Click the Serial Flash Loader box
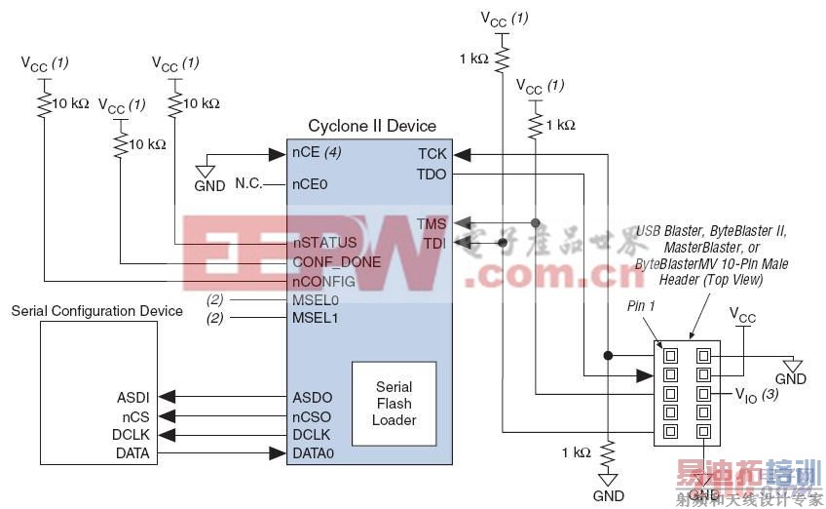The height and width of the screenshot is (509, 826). tap(394, 404)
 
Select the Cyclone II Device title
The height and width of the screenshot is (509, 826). tap(372, 127)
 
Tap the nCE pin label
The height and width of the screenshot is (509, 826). tap(304, 153)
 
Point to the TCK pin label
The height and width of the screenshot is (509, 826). tap(432, 153)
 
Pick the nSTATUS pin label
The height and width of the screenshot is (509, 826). tap(324, 241)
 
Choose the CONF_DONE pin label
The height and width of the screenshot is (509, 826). tap(335, 261)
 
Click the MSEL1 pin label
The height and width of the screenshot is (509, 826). tap(314, 318)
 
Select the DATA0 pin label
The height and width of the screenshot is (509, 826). tap(315, 453)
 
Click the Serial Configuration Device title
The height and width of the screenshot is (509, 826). tap(96, 311)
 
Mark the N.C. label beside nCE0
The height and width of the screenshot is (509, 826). tap(250, 183)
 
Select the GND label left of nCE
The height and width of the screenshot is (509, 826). tap(208, 184)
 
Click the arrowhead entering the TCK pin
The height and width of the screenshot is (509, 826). tap(462, 153)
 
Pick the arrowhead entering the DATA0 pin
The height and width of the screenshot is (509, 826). tap(278, 453)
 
